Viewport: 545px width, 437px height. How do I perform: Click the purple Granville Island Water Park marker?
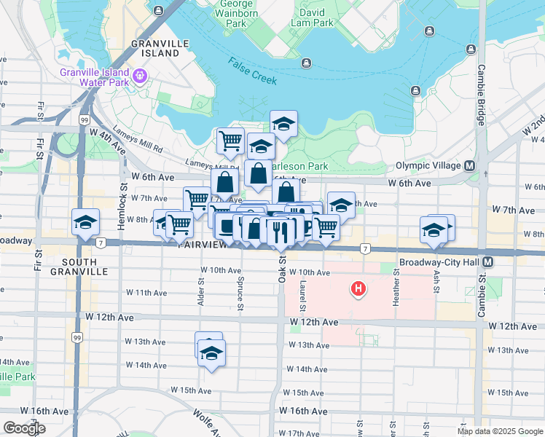(x=140, y=76)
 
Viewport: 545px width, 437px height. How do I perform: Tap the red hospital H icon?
(x=358, y=290)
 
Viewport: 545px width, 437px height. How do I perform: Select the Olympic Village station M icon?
(x=470, y=165)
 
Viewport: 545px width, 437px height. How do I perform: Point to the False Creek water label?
(x=251, y=71)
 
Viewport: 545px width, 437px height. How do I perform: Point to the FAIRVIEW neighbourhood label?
(x=204, y=246)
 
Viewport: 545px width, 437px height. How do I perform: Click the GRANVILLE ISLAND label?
(x=155, y=48)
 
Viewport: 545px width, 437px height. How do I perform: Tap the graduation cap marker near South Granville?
(x=86, y=221)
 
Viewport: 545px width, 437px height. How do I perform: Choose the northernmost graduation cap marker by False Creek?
(x=283, y=123)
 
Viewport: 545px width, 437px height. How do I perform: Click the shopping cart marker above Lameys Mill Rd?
(x=230, y=140)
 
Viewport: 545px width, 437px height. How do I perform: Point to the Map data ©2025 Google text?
(x=500, y=431)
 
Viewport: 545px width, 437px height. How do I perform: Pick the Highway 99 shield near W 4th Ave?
(x=85, y=119)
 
